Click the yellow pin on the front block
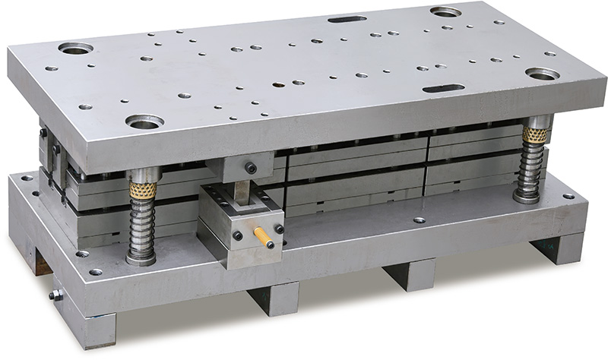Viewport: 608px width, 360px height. pyautogui.click(x=264, y=236)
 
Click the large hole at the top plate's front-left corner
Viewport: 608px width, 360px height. pyautogui.click(x=145, y=121)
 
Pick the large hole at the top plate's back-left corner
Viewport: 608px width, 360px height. pyautogui.click(x=76, y=49)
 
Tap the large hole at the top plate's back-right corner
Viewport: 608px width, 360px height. pyautogui.click(x=446, y=12)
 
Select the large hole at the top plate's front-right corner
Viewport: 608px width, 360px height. pyautogui.click(x=542, y=74)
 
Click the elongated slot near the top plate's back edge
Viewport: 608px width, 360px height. pyautogui.click(x=347, y=18)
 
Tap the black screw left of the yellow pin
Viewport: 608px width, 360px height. pyautogui.click(x=238, y=236)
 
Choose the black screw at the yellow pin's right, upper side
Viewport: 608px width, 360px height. pyautogui.click(x=279, y=229)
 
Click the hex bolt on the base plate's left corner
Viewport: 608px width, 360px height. pyautogui.click(x=55, y=295)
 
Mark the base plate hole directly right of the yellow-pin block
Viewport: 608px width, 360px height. pyautogui.click(x=419, y=220)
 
